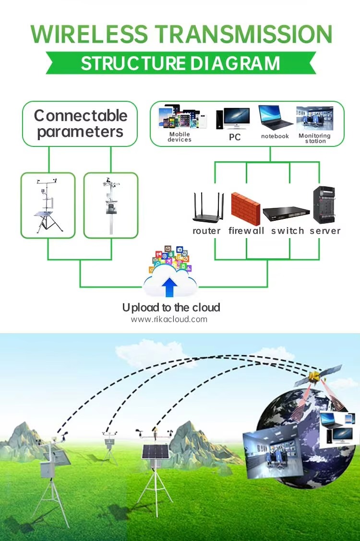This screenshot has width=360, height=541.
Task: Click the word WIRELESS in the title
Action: [89, 34]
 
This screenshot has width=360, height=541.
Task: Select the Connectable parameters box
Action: [80, 123]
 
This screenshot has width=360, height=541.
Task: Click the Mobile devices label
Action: [180, 137]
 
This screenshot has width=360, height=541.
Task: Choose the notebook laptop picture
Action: [275, 117]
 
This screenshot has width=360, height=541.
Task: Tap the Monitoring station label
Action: [314, 138]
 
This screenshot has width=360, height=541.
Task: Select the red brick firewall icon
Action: [245, 209]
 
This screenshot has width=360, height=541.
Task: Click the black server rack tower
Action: [324, 205]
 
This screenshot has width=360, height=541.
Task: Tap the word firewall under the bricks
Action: [246, 231]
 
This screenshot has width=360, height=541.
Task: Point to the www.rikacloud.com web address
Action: [169, 320]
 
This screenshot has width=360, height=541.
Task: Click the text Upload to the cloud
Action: [171, 307]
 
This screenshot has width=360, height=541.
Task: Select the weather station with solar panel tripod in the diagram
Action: [48, 205]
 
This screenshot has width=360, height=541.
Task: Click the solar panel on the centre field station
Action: [156, 452]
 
